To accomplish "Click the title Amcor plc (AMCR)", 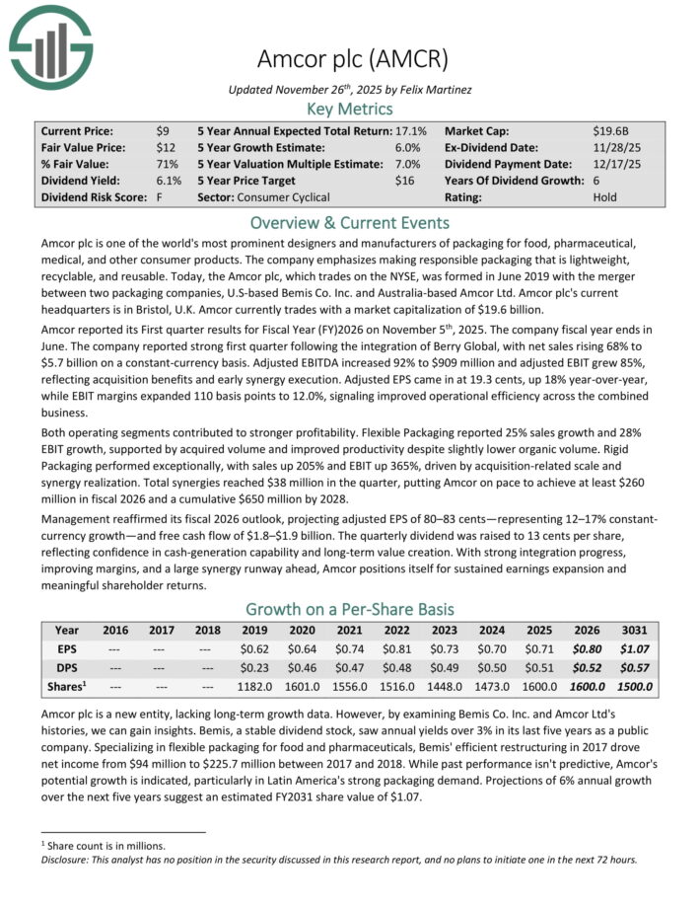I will click(x=350, y=57).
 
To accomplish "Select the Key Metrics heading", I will click(x=350, y=109).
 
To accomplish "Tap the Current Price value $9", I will click(x=162, y=130).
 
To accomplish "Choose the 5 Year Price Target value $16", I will click(x=403, y=181).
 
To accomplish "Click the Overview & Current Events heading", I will click(x=350, y=222).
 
